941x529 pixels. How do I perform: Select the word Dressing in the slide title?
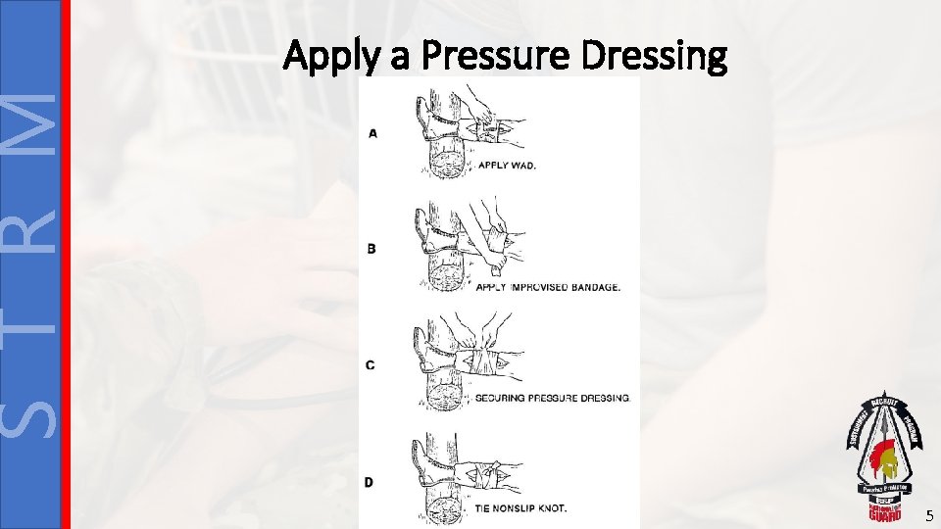pyautogui.click(x=654, y=59)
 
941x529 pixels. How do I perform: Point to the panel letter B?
pyautogui.click(x=372, y=249)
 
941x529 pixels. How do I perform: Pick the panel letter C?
pyautogui.click(x=371, y=365)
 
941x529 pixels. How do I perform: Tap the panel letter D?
pyautogui.click(x=369, y=482)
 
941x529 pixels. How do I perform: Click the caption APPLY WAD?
pyautogui.click(x=506, y=166)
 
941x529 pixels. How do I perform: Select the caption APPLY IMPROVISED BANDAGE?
pyautogui.click(x=547, y=286)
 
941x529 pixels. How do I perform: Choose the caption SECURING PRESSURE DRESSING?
pyautogui.click(x=552, y=399)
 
